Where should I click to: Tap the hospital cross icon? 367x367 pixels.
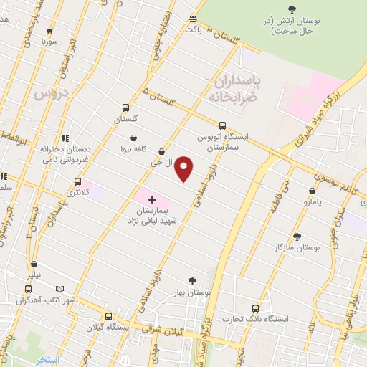click(152, 199)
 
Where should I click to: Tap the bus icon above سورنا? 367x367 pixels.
click(49, 32)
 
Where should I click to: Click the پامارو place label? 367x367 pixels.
click(312, 203)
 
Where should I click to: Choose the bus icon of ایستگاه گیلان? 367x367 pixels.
click(108, 315)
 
